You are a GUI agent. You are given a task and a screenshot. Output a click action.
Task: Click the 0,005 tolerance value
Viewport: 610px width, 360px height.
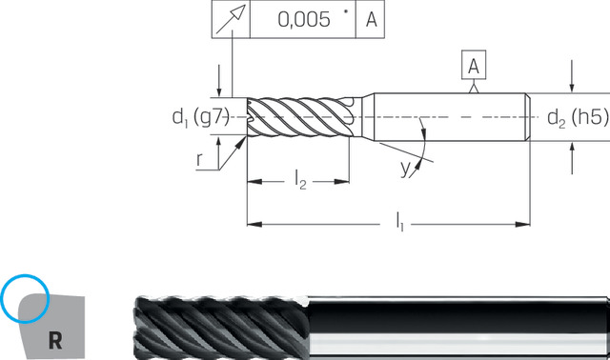pos(304,19)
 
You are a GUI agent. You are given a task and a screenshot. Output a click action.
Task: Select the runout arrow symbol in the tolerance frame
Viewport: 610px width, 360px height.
pos(231,19)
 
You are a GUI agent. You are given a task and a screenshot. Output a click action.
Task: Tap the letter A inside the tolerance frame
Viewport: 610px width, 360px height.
pos(371,19)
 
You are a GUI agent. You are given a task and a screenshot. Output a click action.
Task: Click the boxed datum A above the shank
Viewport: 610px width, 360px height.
pos(474,65)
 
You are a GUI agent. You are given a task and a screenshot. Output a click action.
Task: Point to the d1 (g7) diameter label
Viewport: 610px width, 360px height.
pos(201,116)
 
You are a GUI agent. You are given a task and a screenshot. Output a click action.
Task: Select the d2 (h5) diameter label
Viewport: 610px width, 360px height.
pos(578,117)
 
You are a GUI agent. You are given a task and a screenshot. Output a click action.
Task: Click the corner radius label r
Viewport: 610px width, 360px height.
pos(199,159)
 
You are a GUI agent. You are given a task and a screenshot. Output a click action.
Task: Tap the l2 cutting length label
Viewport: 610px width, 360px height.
pos(300,180)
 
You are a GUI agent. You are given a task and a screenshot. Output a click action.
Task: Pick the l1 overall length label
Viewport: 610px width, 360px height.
pos(399,222)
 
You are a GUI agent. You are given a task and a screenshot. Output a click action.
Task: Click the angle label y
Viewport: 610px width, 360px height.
pos(405,169)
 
